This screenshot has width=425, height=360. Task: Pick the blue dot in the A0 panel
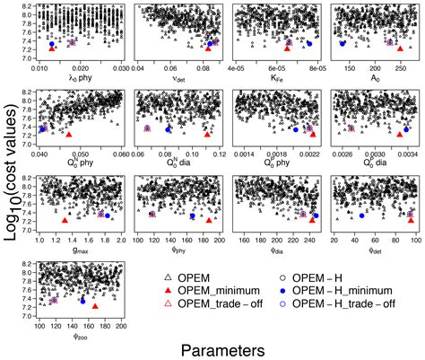343,43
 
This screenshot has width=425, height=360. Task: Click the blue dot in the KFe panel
309,43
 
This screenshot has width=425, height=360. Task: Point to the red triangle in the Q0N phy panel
69,134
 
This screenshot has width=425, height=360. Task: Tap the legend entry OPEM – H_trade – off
350,305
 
